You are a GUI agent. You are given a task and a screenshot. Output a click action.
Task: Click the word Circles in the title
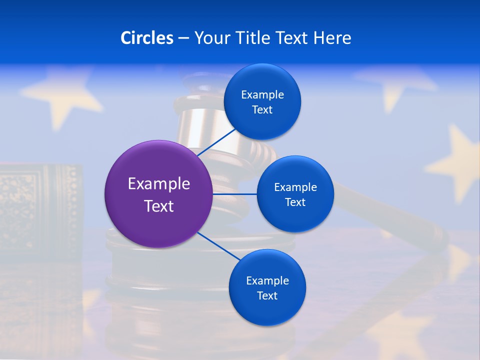tap(146, 38)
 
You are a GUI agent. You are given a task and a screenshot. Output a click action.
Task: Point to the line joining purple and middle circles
tap(234, 194)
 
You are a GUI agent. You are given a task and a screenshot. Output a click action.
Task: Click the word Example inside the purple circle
tap(159, 184)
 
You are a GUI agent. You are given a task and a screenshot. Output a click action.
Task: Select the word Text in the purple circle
tap(159, 206)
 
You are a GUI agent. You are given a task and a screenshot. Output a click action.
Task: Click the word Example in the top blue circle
tap(262, 95)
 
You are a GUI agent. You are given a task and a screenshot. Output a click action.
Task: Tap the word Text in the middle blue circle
tap(295, 202)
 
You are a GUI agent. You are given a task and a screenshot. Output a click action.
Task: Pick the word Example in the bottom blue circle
tap(267, 281)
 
